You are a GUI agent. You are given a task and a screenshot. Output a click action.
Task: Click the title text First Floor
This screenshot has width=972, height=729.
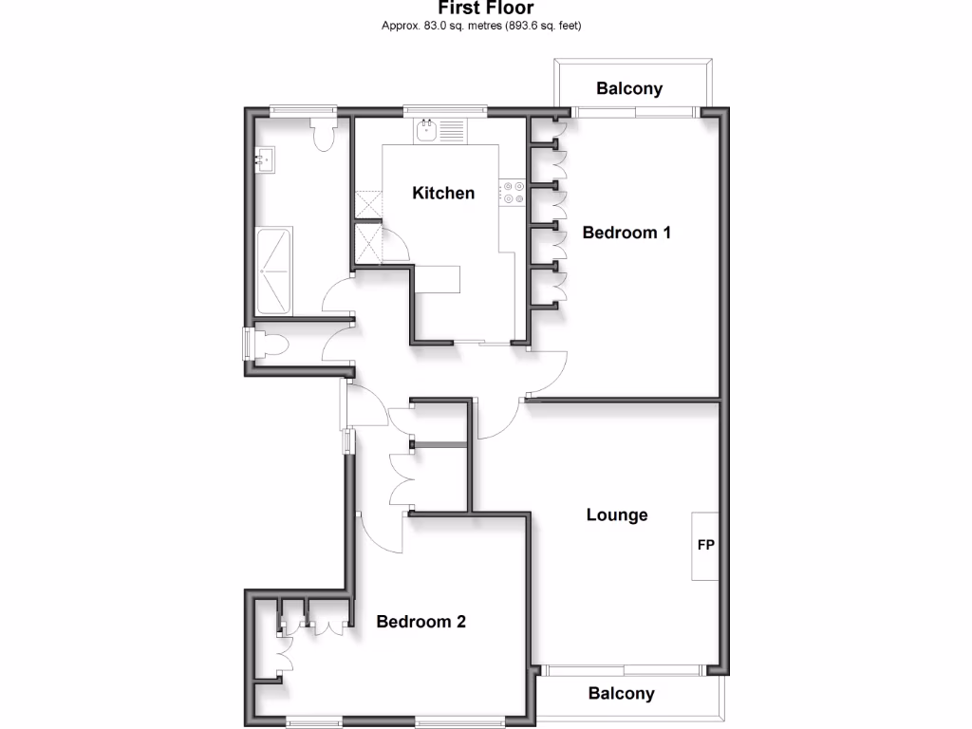[x=485, y=9]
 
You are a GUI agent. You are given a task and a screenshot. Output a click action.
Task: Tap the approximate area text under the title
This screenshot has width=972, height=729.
[x=481, y=26]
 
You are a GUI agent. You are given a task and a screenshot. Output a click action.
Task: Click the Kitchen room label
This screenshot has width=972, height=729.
[x=443, y=194]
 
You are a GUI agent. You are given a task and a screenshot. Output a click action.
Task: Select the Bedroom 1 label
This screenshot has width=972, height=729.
[x=626, y=233]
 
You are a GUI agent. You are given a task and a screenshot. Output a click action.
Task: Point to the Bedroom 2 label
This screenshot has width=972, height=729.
[x=421, y=623]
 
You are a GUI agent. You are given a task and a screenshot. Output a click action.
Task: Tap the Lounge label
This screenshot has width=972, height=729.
[x=617, y=515]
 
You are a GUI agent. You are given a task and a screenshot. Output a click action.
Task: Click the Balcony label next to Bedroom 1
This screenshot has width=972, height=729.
[x=629, y=89]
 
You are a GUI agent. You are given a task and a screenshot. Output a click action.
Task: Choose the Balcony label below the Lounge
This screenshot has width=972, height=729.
[x=622, y=694]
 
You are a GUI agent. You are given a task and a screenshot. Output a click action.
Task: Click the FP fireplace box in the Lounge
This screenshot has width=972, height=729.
[x=705, y=546]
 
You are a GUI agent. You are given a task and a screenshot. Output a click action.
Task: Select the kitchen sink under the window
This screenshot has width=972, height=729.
[x=426, y=129]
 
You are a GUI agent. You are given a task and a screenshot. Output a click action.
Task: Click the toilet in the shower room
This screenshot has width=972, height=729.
[x=323, y=134]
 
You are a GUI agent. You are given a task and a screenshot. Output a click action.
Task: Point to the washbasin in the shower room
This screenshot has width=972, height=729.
[x=265, y=159]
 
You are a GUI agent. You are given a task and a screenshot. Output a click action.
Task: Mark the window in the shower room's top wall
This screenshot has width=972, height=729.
[x=303, y=110]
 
